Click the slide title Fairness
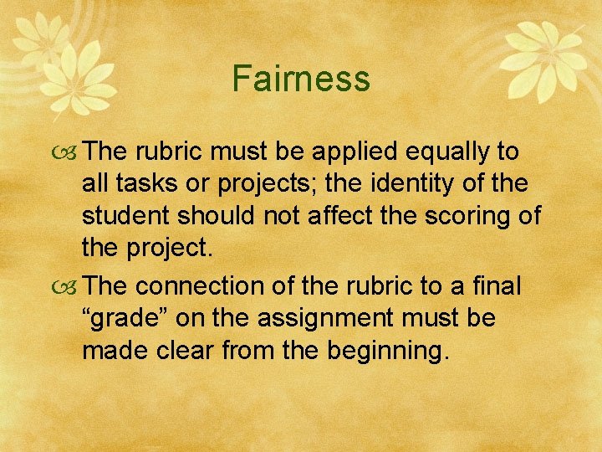[301, 79]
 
